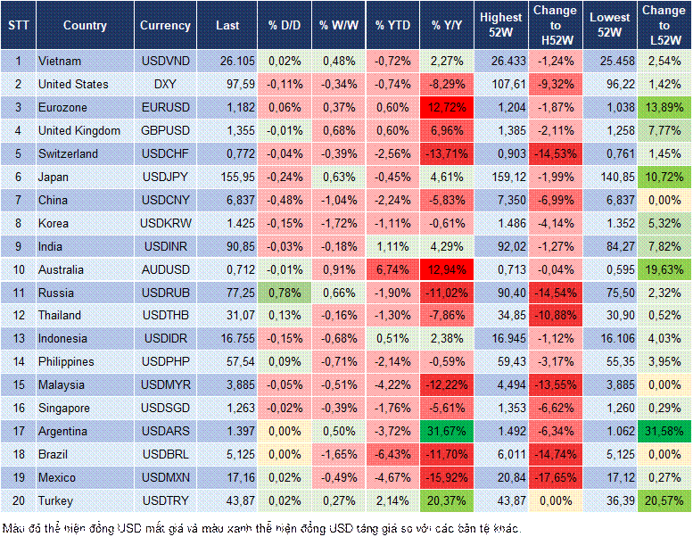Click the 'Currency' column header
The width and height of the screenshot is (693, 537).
tap(165, 26)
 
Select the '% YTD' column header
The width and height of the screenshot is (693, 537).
tap(392, 26)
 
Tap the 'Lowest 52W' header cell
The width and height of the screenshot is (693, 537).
tap(609, 26)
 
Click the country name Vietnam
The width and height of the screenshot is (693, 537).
tap(60, 62)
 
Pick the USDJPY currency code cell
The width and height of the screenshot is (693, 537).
tap(165, 177)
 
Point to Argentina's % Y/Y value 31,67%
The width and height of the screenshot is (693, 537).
tap(447, 431)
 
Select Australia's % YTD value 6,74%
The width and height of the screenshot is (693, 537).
tap(392, 269)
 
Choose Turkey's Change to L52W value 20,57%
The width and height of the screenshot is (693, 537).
tap(664, 500)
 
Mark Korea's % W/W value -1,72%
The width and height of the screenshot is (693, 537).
tap(338, 223)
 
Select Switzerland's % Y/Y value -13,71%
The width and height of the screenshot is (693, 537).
tap(447, 153)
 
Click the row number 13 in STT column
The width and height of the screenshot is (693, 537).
tap(19, 339)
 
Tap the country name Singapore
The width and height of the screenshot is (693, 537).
tap(64, 408)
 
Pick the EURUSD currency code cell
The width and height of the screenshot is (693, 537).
tap(165, 108)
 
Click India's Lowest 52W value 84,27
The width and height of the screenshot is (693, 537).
tap(611, 246)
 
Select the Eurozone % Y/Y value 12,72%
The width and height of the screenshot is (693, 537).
tap(447, 108)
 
